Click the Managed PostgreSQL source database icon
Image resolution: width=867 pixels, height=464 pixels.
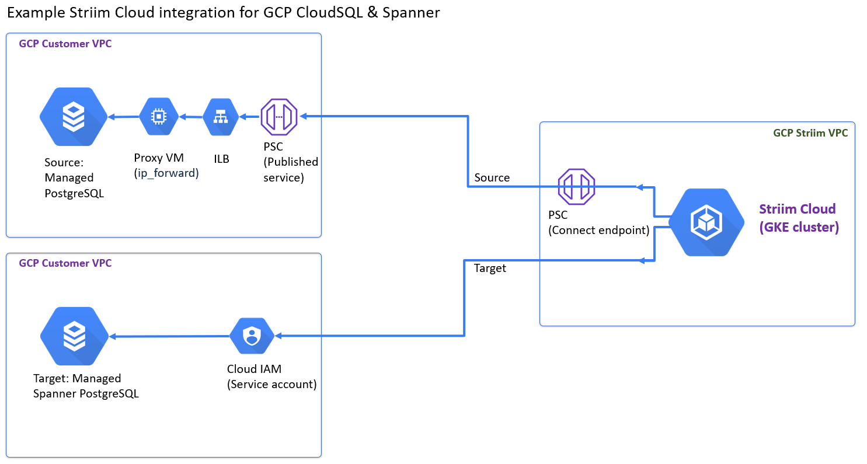(74, 117)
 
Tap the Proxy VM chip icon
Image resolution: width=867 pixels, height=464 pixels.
(158, 117)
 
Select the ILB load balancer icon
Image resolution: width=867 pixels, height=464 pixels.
(220, 117)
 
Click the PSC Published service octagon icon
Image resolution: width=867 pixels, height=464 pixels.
(279, 117)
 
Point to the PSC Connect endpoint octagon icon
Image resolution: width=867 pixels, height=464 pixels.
(576, 187)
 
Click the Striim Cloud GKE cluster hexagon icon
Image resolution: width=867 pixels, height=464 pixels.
(706, 222)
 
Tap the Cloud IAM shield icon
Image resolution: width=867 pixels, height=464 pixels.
(251, 336)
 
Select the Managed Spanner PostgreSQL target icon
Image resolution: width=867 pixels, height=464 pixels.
(74, 337)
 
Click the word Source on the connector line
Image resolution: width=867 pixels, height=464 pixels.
(492, 177)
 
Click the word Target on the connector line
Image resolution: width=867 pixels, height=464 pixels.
(490, 268)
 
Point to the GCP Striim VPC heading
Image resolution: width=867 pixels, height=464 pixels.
(810, 133)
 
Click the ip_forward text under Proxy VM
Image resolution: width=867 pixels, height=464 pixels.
(166, 173)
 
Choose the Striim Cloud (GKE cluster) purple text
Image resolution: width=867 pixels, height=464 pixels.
(798, 218)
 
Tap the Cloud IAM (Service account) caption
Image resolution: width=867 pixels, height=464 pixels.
(271, 377)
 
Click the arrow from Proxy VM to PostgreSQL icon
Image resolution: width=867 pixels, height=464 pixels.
(123, 117)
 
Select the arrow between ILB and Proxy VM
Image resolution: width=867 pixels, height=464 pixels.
(190, 117)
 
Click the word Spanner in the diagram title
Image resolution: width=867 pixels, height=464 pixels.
(410, 13)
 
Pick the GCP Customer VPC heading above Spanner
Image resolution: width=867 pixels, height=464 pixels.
(65, 263)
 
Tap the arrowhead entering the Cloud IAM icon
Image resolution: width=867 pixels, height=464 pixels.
(278, 336)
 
